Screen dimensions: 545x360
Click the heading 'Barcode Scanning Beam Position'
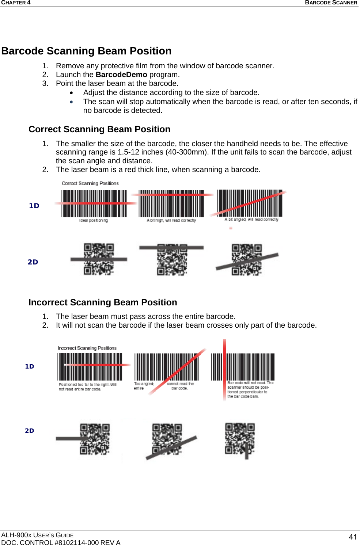tap(86, 51)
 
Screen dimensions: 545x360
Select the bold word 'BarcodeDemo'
tap(121, 75)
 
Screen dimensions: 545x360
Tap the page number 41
tap(353, 537)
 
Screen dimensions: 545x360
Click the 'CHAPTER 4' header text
tap(16, 3)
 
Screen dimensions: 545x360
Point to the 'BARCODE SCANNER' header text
tap(331, 3)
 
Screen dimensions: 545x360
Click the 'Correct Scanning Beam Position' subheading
tap(99, 129)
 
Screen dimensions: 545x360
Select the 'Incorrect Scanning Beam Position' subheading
tap(103, 302)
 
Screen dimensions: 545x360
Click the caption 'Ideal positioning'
tap(94, 220)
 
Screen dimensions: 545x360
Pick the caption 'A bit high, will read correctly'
tap(171, 220)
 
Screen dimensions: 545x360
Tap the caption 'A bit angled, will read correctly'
tap(251, 220)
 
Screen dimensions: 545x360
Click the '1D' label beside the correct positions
tap(34, 206)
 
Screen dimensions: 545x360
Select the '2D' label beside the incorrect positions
tap(30, 431)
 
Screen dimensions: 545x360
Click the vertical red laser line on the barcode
tap(224, 369)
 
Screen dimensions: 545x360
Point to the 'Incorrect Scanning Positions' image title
tap(87, 348)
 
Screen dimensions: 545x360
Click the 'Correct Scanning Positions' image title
tap(90, 183)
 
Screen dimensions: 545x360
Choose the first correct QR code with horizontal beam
tap(99, 259)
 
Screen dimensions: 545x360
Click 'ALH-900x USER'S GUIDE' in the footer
tap(37, 535)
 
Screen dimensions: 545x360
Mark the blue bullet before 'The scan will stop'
tap(72, 102)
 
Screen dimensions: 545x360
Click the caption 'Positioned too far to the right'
tap(87, 387)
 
